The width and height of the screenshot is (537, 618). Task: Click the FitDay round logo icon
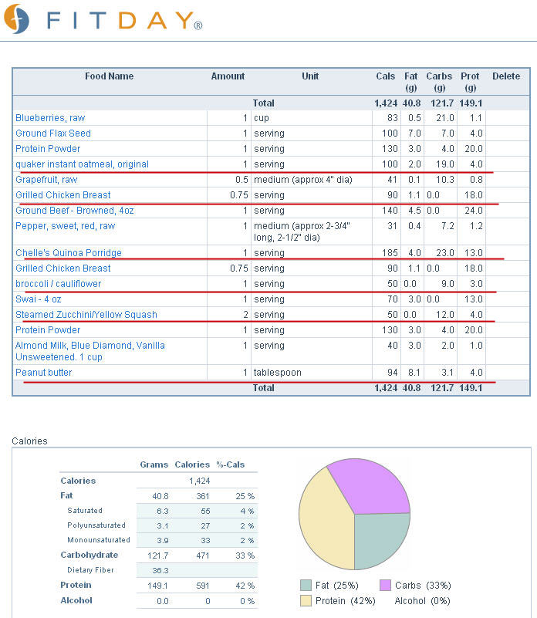click(x=16, y=19)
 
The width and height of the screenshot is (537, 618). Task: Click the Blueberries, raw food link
click(x=50, y=118)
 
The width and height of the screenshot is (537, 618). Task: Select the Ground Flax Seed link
click(x=53, y=133)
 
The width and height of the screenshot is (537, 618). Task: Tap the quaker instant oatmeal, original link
click(x=82, y=164)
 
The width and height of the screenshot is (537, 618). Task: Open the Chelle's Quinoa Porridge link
click(x=69, y=252)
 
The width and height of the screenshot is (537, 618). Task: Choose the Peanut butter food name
click(x=44, y=373)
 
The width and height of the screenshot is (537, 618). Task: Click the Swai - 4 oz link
click(x=39, y=299)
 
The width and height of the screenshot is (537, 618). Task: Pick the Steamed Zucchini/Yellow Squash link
click(x=86, y=315)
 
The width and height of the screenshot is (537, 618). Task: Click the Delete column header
click(x=506, y=76)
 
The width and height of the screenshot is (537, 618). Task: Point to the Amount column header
click(x=228, y=76)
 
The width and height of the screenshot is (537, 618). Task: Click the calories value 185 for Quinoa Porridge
click(x=390, y=252)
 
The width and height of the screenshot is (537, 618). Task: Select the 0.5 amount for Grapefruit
click(x=241, y=180)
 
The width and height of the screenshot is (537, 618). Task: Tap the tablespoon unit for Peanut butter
click(x=277, y=373)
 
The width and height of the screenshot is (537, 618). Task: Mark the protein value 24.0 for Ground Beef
click(x=474, y=211)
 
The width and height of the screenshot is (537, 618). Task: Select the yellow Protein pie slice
click(x=323, y=520)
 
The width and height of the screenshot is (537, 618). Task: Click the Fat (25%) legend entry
click(x=329, y=586)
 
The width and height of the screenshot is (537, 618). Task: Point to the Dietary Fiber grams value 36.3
click(x=160, y=570)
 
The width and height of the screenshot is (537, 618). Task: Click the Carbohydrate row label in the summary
click(x=89, y=555)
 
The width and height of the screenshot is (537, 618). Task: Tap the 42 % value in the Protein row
click(x=245, y=586)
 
